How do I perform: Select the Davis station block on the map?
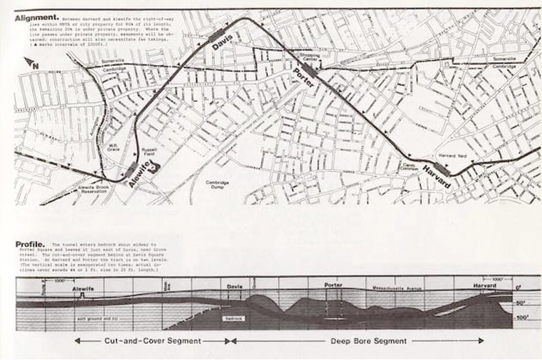coord(216,35)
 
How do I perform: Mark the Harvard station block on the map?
coord(442,169)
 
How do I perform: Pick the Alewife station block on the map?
coord(131,170)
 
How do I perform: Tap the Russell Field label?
coord(150,152)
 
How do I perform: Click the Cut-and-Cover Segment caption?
coord(152,341)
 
